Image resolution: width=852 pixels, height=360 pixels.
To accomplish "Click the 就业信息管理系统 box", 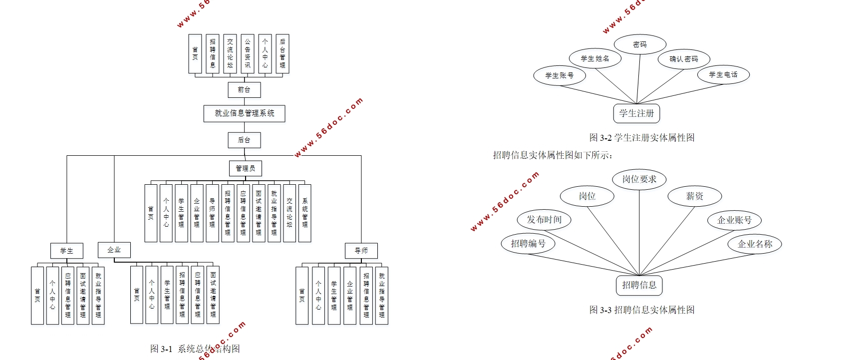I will pos(244,113).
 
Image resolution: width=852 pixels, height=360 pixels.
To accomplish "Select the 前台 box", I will pos(244,90).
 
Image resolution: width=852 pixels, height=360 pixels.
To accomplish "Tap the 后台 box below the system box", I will pos(244,140).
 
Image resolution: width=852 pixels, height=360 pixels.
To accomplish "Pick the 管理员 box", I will pos(245,168).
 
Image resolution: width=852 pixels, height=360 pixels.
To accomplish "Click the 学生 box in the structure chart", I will pos(66,251).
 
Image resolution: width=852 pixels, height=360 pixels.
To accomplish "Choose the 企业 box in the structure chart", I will pos(114,250).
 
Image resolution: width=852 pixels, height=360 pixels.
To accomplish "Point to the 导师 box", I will pos(361,251).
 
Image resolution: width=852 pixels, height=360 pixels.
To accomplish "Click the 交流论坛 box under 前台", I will pos(230,54).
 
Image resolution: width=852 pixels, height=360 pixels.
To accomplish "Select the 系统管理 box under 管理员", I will pos(304,213).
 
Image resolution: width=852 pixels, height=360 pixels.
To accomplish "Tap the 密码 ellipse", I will pos(640,44).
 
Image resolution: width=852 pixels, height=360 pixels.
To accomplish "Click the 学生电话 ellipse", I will pos(723,75).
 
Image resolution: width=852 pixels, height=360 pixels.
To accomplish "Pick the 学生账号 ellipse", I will pos(559,76).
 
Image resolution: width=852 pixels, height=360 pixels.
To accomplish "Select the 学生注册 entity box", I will pos(636,113).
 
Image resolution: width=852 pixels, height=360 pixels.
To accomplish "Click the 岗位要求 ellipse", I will pos(639,179).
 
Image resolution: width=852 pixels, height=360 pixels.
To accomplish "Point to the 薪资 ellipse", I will pos(694,196).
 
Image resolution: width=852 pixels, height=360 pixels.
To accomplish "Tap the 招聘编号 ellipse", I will pos(528,244).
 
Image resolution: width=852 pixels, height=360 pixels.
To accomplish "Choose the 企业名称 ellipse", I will pos(755,244).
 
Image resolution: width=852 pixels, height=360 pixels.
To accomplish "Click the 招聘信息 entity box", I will pos(639,285).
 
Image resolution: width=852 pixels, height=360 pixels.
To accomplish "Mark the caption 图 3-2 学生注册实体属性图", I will pos(641,138).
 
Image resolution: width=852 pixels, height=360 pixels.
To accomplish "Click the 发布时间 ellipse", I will pos(544,220).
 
